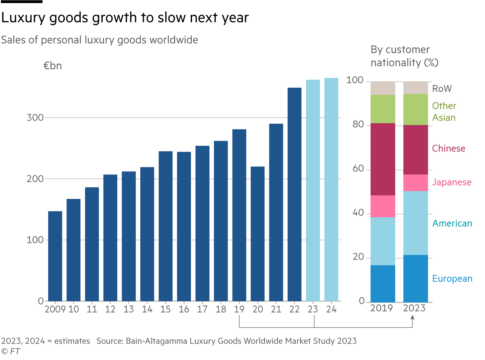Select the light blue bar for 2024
point(331,189)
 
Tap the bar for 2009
point(55,256)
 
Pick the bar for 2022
point(294,194)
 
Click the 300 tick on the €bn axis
point(35,118)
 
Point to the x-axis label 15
point(165,310)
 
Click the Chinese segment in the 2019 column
point(383,159)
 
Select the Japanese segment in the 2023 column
point(416,183)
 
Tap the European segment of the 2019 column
point(383,283)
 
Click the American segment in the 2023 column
point(416,223)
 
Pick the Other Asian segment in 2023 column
point(416,109)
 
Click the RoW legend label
point(442,89)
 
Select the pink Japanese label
point(451,182)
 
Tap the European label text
point(452,279)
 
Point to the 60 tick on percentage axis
point(358,169)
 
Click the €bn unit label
point(52,66)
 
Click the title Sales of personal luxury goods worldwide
point(99,40)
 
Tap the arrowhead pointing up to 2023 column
point(413,317)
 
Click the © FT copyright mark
point(11,351)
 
